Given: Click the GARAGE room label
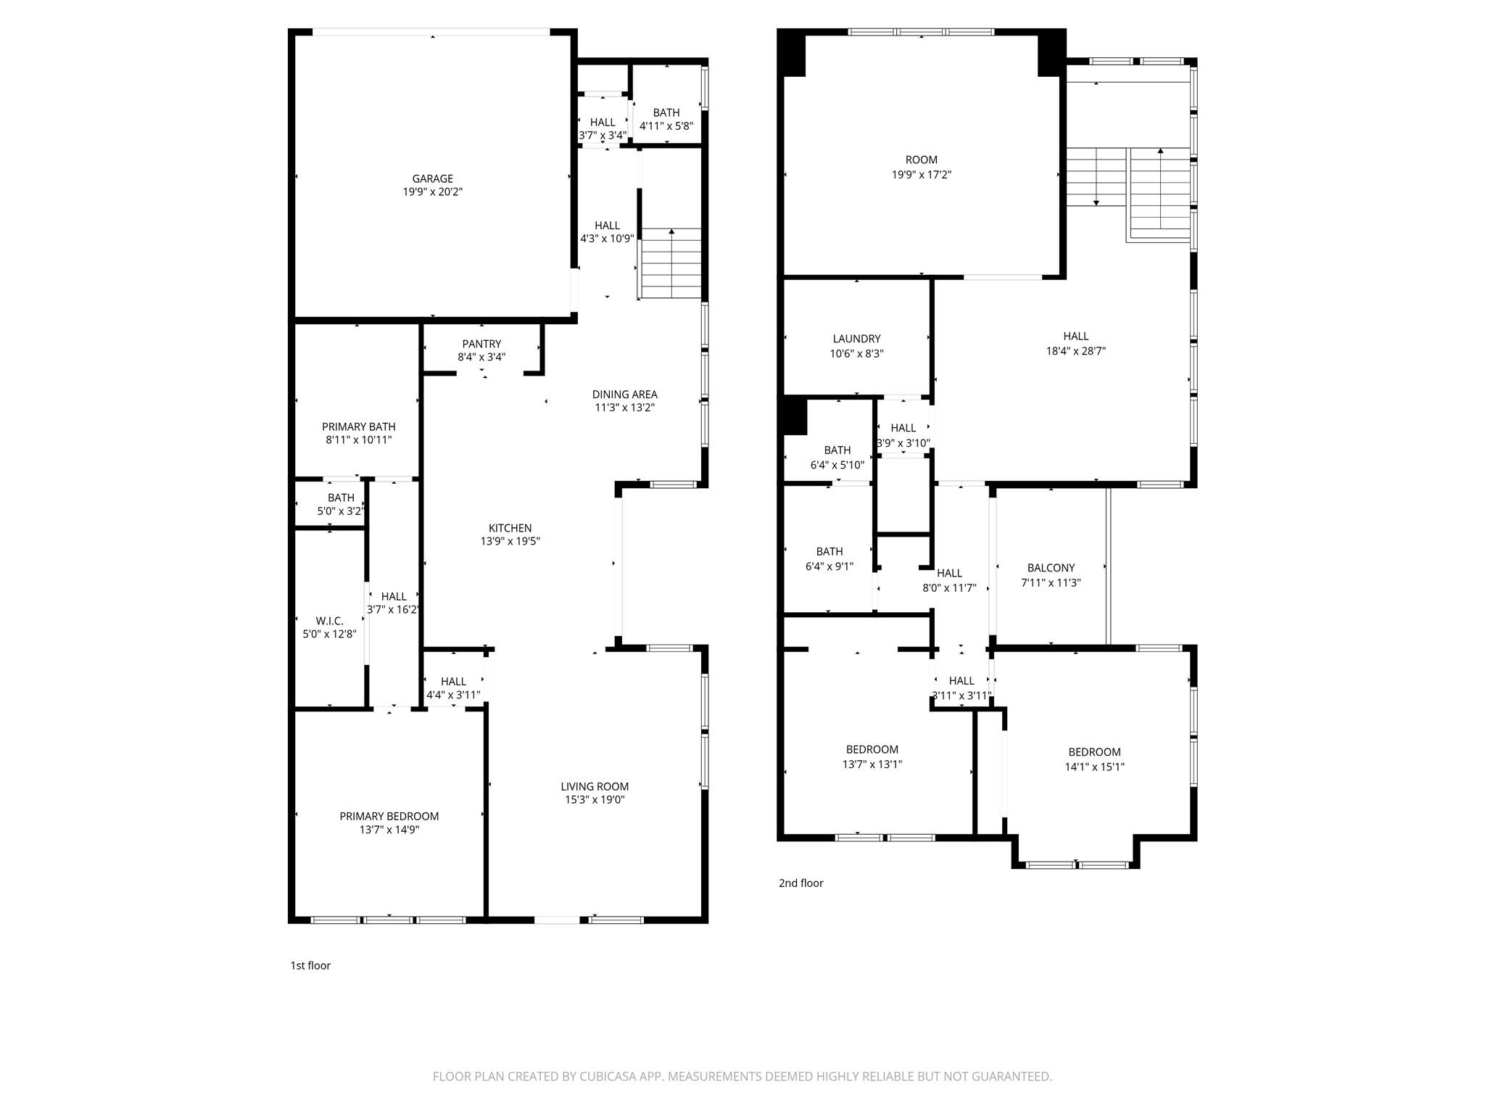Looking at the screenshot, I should point(432,178).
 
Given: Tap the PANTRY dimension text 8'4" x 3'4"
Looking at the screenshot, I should point(481,357).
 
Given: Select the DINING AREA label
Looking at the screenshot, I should point(624,395).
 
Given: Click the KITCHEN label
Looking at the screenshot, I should point(510,528).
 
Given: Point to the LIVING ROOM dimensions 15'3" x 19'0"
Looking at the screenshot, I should point(595,800).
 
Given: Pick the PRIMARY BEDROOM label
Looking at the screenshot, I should point(389,816).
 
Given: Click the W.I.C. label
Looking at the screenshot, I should point(329,621).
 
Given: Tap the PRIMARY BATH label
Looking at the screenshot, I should point(358,426).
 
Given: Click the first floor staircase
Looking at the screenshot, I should point(671,265).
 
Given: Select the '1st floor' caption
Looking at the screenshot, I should point(310,965).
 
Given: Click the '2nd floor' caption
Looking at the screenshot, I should point(801,883).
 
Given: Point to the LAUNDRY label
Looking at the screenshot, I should point(856,339).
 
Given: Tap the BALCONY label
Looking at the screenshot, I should point(1051,568).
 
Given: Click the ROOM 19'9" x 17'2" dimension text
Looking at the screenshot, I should point(921,175).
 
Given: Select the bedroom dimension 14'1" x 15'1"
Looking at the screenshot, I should point(1094,767).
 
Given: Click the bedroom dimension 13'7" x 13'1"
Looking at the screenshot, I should point(872,764).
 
